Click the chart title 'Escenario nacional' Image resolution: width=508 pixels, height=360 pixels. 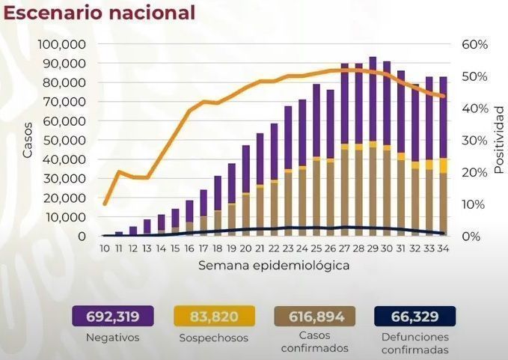tap(100, 13)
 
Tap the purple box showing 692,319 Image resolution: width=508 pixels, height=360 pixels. tap(113, 316)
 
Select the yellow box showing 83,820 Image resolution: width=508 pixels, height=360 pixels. tap(214, 316)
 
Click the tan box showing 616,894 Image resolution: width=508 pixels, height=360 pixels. tap(315, 316)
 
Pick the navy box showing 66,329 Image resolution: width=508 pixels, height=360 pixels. tap(415, 316)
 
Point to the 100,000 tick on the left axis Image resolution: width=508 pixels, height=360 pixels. tap(62, 44)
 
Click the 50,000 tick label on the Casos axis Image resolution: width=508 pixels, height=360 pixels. tap(64, 140)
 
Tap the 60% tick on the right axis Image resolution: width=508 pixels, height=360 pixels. tap(474, 44)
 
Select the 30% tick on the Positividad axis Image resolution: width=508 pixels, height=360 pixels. tap(474, 140)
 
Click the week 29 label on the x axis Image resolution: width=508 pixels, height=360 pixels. tap(373, 248)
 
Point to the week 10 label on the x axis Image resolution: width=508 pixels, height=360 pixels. tap(104, 248)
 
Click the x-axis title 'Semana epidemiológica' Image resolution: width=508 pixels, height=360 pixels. tap(274, 266)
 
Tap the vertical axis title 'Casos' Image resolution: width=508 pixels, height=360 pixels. tap(28, 140)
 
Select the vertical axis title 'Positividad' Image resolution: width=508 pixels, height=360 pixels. tap(499, 140)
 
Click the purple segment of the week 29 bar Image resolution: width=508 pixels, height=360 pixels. tap(373, 99)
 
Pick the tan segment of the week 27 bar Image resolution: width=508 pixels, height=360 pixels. tap(345, 192)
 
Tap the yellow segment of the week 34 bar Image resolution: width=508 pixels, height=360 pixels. tap(443, 165)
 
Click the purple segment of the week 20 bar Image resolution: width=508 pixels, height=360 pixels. tap(246, 169)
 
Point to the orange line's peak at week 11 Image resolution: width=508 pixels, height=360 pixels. tap(118, 171)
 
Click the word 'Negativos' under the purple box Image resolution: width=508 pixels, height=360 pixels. tap(112, 338)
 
